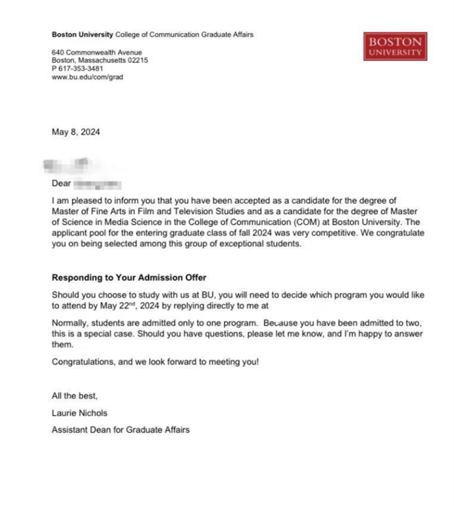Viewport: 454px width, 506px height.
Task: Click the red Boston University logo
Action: point(395,46)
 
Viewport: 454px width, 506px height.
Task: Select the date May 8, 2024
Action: point(76,133)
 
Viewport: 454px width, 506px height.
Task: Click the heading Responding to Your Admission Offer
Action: point(129,278)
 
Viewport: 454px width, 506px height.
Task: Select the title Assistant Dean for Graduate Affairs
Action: point(121,430)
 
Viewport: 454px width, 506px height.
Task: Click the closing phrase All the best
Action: point(75,395)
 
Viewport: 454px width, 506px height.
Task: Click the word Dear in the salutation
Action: point(61,184)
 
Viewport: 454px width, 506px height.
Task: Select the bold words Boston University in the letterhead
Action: point(82,34)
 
